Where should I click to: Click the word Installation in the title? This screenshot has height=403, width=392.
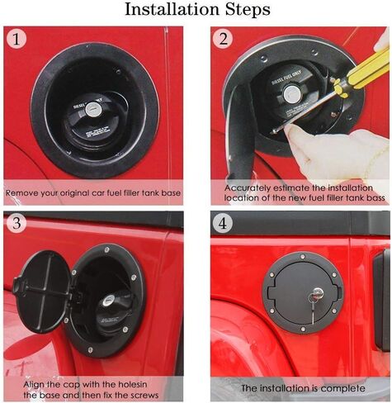tap(172, 10)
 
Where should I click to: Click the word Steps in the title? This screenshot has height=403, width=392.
tap(248, 10)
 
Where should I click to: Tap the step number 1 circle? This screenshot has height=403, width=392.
tap(17, 39)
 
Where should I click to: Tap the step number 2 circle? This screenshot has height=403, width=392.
tap(223, 39)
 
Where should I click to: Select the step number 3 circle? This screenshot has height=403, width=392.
tap(17, 223)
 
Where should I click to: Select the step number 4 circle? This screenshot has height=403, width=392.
tap(223, 224)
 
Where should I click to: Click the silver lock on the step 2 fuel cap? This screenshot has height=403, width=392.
tap(291, 94)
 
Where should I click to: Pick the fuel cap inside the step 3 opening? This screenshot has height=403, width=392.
tap(114, 311)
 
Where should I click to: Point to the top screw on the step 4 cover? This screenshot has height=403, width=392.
tap(303, 257)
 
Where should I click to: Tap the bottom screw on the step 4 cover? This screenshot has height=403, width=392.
tap(302, 330)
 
